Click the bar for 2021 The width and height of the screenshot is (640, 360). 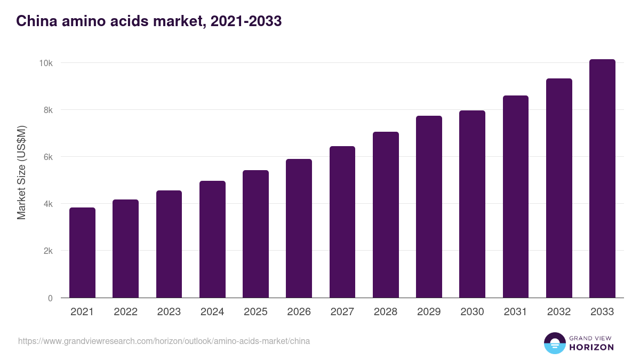coord(82,253)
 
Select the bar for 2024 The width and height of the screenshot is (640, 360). coord(212,239)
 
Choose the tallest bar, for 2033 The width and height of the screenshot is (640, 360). coord(602,179)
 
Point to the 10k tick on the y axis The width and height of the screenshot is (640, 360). coord(45,63)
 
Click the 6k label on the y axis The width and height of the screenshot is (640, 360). coord(47,157)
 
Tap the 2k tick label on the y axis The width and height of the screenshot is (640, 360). coord(47,251)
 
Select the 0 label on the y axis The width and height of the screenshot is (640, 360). coord(50,298)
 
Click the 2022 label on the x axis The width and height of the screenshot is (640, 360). coord(125,312)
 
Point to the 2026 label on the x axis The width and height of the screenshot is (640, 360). coord(299,312)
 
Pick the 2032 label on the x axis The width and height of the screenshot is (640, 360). coord(559,312)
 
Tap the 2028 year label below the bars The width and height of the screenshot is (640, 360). coord(386,312)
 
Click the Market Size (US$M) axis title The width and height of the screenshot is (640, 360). coord(21,173)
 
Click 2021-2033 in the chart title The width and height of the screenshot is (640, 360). coord(246,21)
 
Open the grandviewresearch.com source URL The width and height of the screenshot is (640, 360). coord(164,341)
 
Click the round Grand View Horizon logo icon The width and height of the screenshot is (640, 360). coord(554,343)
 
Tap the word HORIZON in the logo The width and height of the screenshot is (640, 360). coord(591,347)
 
